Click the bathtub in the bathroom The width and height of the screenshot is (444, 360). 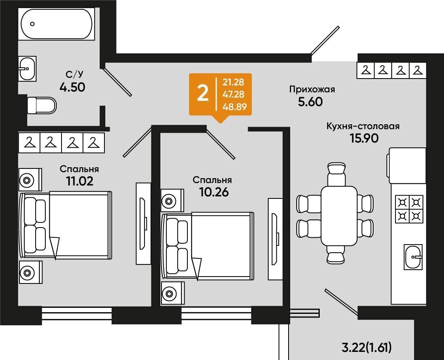(56, 24)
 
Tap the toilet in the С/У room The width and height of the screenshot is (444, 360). (42, 105)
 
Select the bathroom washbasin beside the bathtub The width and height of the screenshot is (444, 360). (27, 68)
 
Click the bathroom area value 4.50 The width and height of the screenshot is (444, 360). (72, 87)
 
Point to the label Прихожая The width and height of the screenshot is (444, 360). (312, 89)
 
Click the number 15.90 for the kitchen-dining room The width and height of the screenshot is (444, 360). (364, 138)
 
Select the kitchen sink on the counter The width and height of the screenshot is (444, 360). (413, 257)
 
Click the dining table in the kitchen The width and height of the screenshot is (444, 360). (339, 216)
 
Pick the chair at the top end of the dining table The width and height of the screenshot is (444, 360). (336, 174)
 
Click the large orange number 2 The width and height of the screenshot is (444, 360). (203, 94)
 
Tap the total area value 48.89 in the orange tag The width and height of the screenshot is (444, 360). (234, 107)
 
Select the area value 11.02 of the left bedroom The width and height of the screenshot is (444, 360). (80, 181)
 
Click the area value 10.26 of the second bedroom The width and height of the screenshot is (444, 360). (214, 192)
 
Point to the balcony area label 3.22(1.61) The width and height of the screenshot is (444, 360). (367, 347)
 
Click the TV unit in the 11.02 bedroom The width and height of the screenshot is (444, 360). (144, 224)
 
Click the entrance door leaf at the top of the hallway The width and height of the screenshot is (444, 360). (325, 40)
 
